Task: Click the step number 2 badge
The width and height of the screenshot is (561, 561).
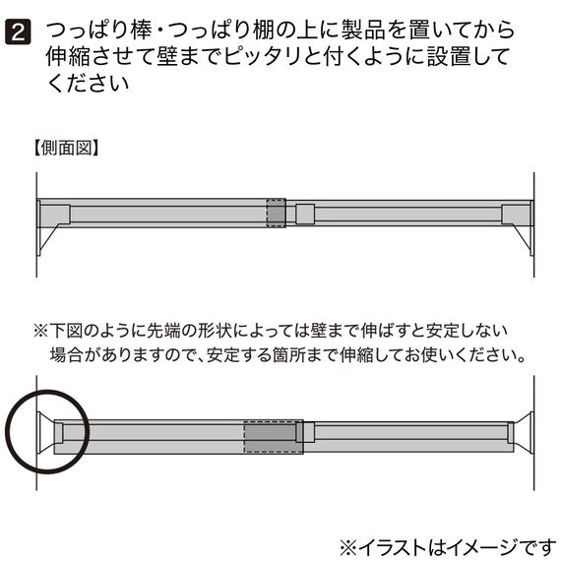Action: click(x=18, y=31)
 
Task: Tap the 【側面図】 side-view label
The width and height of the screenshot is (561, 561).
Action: click(x=66, y=148)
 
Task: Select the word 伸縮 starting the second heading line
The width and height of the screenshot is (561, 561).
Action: click(x=68, y=57)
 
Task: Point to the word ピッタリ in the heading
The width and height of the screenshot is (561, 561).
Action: click(x=262, y=57)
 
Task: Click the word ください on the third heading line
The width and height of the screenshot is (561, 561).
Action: click(x=88, y=84)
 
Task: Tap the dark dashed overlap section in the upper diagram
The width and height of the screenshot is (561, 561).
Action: click(x=277, y=214)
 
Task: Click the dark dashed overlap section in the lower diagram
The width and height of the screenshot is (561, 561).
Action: click(x=274, y=437)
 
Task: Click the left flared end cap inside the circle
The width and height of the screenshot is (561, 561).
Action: click(x=44, y=432)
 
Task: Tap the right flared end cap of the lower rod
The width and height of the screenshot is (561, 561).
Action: click(x=524, y=432)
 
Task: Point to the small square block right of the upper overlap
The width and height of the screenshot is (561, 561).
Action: click(x=305, y=214)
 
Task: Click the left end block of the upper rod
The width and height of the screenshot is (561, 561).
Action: click(x=55, y=214)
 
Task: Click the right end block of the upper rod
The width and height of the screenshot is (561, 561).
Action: click(x=516, y=214)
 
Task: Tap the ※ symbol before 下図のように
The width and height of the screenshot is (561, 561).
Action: click(x=40, y=331)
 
